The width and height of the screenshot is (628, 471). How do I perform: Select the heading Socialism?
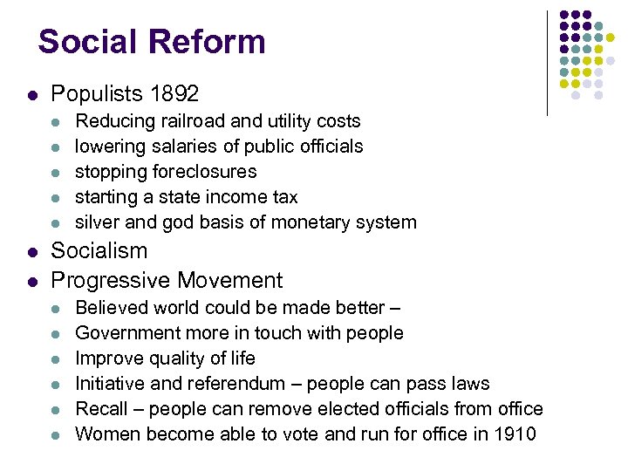tap(99, 251)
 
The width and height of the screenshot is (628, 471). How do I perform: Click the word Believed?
tap(111, 307)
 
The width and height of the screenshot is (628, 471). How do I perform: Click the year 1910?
tap(515, 433)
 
